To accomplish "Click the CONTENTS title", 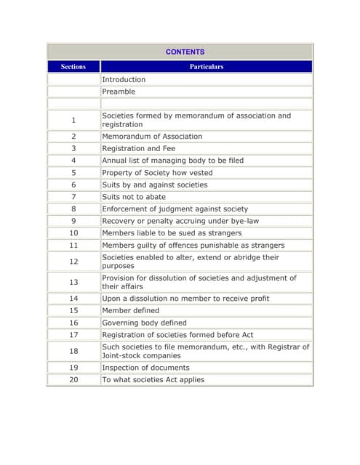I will pyautogui.click(x=185, y=52).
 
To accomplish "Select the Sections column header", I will pyautogui.click(x=73, y=67).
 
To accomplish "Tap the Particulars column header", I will pyautogui.click(x=207, y=67).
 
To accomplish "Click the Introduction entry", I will pyautogui.click(x=124, y=79).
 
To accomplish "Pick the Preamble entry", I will pyautogui.click(x=119, y=92).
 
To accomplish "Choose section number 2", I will pyautogui.click(x=73, y=137).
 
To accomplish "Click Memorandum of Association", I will pyautogui.click(x=152, y=137).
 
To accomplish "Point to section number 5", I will pyautogui.click(x=73, y=173).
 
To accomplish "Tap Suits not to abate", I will pyautogui.click(x=134, y=197).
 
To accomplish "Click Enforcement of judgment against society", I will pyautogui.click(x=175, y=209).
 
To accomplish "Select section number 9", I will pyautogui.click(x=73, y=221).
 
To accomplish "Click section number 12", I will pyautogui.click(x=73, y=262).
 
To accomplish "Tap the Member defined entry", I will pyautogui.click(x=130, y=310).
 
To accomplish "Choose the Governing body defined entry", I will pyautogui.click(x=144, y=323).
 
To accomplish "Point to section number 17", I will pyautogui.click(x=73, y=335).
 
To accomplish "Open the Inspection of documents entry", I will pyautogui.click(x=145, y=368).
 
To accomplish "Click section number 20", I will pyautogui.click(x=73, y=379).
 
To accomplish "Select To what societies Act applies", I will pyautogui.click(x=153, y=379).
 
